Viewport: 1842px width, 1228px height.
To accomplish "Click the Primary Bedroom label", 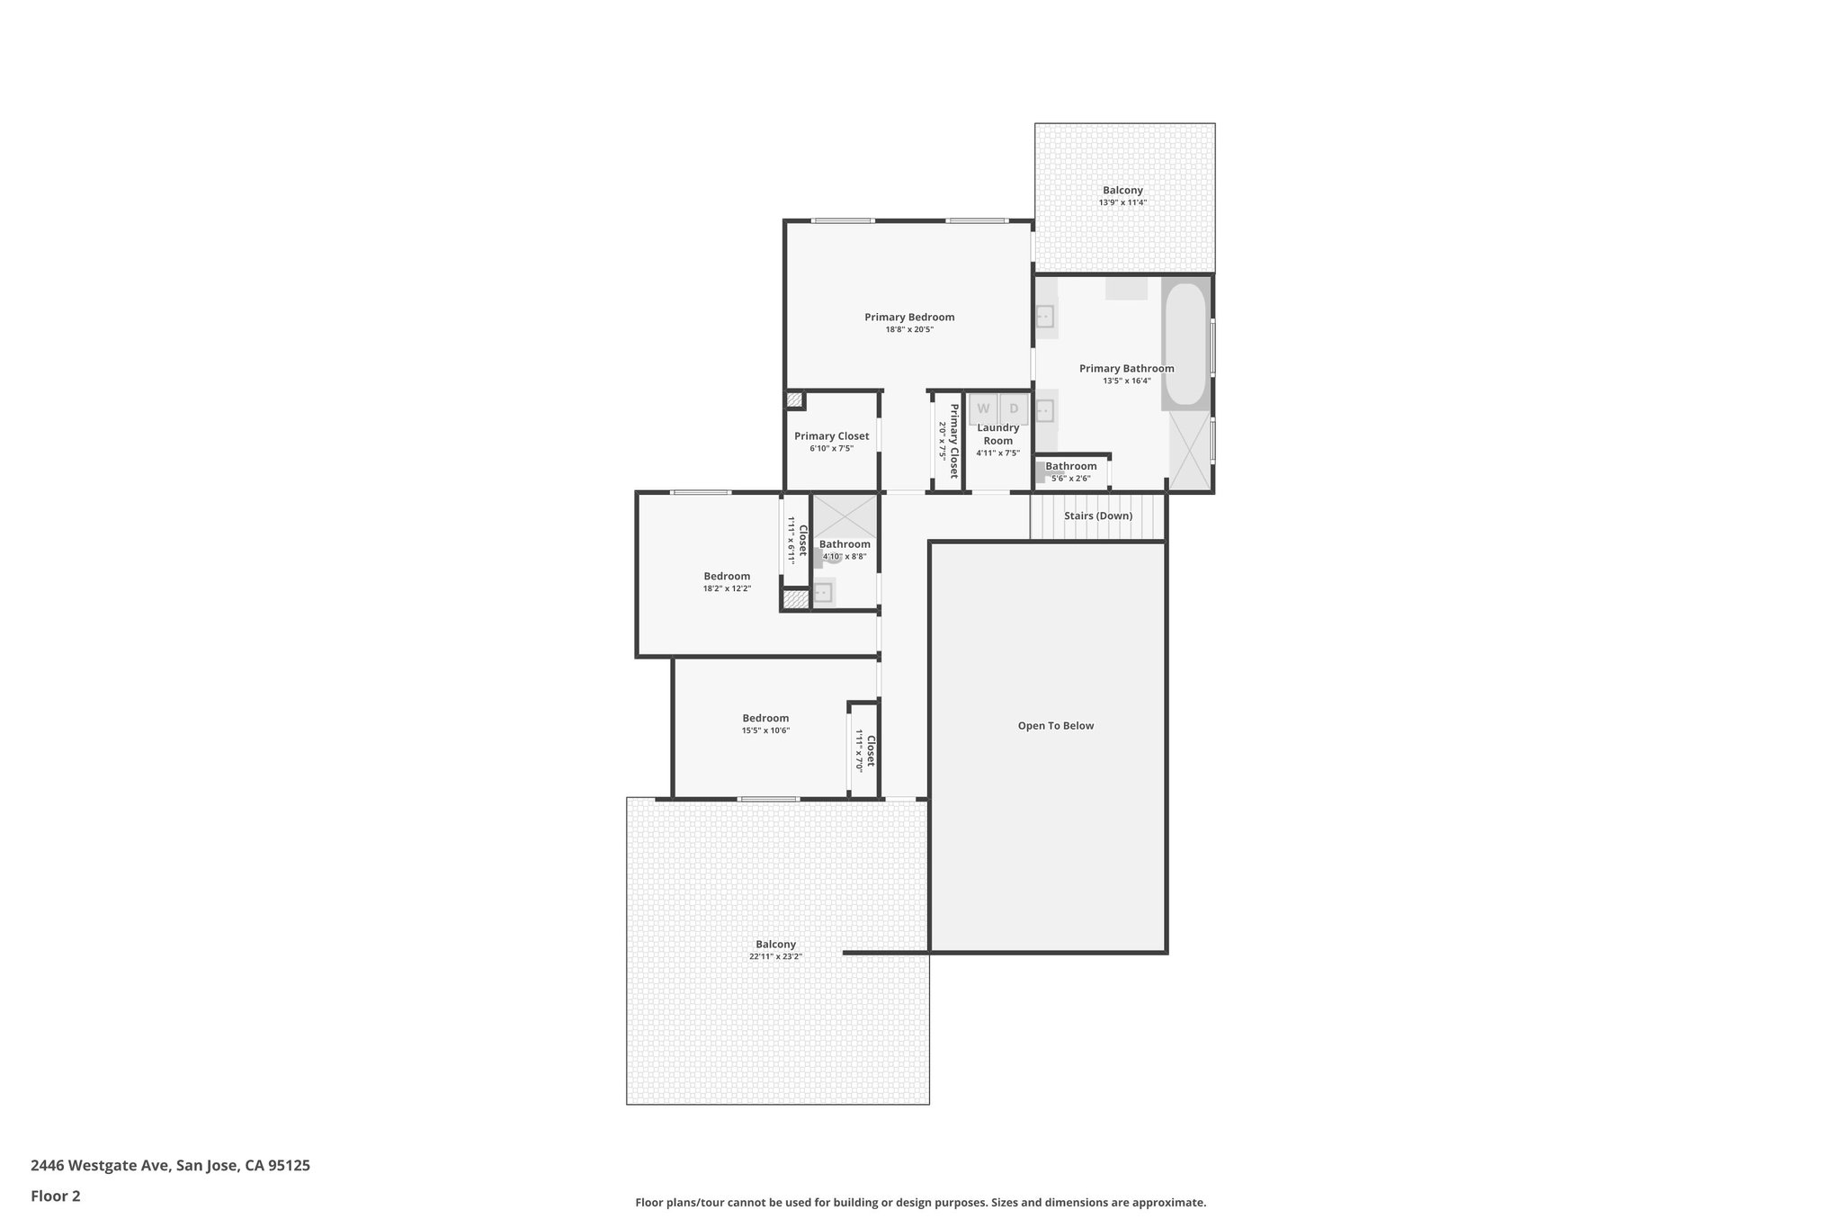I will click(909, 317).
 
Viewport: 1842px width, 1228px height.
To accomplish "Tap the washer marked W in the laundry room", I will click(983, 408).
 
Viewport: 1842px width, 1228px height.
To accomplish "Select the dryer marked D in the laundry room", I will click(1014, 408).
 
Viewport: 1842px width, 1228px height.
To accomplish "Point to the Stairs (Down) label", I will click(1097, 516).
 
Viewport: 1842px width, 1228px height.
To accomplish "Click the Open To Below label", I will click(1055, 726).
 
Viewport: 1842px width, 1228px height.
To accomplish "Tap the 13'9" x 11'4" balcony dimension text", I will click(1122, 202).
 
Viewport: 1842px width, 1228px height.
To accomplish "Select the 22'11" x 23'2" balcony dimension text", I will click(775, 957).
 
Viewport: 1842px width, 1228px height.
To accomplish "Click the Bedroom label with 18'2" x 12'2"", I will click(727, 577).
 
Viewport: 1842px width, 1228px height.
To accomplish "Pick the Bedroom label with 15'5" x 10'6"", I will click(765, 718).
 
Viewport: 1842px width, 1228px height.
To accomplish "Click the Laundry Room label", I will click(997, 435).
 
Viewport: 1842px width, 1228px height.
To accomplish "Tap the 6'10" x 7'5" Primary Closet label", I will click(831, 436).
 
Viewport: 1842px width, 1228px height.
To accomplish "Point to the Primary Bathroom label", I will click(1126, 368).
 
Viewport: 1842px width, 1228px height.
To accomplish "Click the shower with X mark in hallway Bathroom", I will click(845, 516).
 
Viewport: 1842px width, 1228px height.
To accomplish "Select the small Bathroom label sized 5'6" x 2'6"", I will click(1070, 466).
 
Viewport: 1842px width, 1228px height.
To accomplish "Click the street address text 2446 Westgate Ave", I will click(170, 1166).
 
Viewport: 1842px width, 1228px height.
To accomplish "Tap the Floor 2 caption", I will click(56, 1197).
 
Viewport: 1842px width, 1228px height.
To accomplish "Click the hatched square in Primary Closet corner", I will click(794, 400).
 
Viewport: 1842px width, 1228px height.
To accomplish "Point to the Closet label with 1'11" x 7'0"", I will click(871, 750).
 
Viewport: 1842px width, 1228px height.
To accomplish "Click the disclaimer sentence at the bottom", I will click(920, 1203).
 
